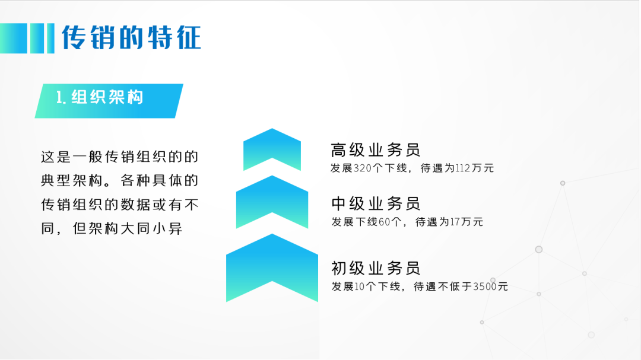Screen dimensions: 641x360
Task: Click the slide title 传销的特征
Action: (x=131, y=37)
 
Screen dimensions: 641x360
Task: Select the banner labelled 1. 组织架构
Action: (x=109, y=101)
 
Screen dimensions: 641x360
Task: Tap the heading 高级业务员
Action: (x=375, y=150)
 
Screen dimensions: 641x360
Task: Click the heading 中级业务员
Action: (x=375, y=203)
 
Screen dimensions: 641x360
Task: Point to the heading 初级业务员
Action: (x=375, y=269)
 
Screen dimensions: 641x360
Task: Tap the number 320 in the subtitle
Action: (x=363, y=168)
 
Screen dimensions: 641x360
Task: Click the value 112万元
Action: (x=475, y=168)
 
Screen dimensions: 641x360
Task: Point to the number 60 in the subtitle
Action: (x=384, y=222)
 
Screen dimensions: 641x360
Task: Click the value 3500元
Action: (x=491, y=286)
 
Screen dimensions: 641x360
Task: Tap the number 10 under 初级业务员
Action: (x=359, y=286)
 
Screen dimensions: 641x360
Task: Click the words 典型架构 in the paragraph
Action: (x=72, y=181)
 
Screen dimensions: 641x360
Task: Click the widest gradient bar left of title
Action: (x=14, y=39)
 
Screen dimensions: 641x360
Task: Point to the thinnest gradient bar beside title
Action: (x=50, y=39)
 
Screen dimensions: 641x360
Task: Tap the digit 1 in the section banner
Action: (x=59, y=98)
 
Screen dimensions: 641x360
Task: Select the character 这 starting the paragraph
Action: (x=47, y=157)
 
